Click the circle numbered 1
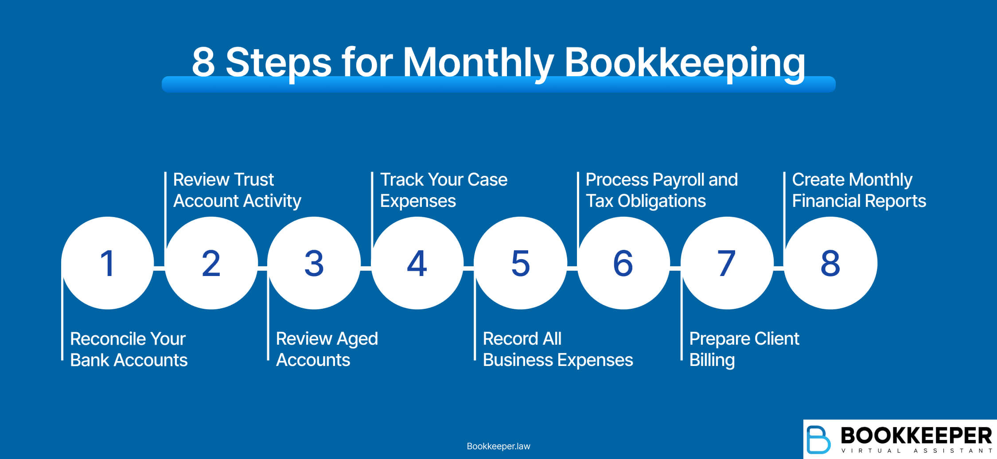[108, 263]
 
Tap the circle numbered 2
[211, 263]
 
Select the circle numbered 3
[314, 263]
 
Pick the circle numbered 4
[417, 263]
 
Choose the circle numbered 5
[521, 263]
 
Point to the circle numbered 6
[623, 263]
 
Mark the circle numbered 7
[727, 263]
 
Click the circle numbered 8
[830, 263]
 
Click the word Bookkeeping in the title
[685, 63]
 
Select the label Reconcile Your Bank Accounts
[129, 349]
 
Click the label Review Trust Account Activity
[237, 190]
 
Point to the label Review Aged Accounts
[327, 349]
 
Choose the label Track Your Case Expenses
[444, 190]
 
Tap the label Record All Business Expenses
[558, 349]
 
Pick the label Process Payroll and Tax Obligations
[662, 190]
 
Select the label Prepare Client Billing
[744, 349]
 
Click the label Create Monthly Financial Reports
[859, 190]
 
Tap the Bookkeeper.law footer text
[498, 446]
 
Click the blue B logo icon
[818, 440]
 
